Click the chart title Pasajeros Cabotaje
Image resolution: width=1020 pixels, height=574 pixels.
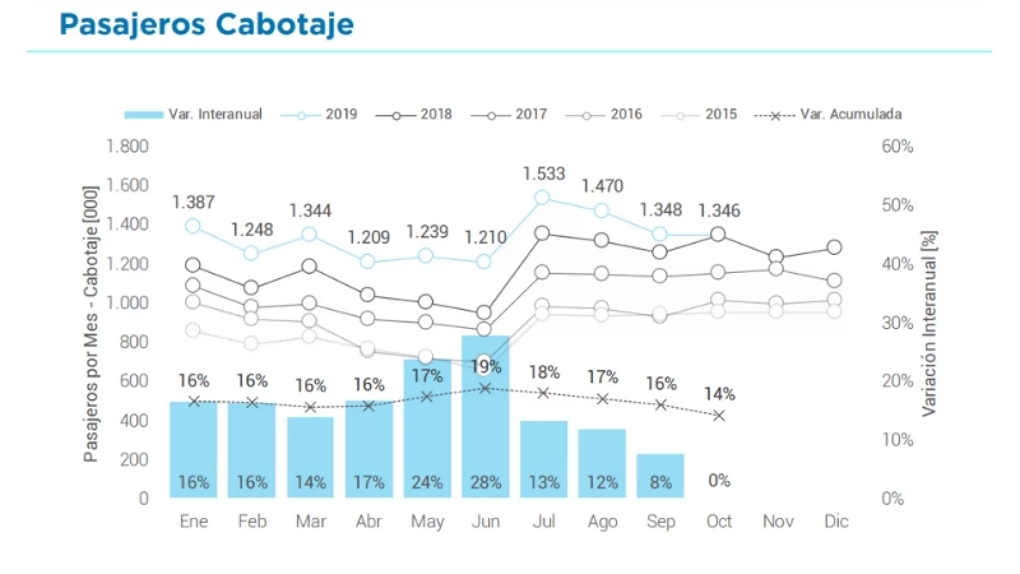tap(206, 24)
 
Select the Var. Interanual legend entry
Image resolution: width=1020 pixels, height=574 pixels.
tap(193, 115)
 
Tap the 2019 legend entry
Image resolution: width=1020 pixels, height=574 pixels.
tap(319, 115)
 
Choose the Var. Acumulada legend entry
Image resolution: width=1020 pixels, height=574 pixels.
tap(828, 115)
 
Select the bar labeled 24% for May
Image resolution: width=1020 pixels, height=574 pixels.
tap(427, 427)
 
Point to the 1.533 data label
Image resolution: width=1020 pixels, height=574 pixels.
tap(544, 173)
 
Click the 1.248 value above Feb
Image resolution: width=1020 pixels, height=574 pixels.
tap(252, 230)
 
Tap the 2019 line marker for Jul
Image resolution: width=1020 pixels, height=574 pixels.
tap(542, 198)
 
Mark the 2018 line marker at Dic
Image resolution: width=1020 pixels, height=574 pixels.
tap(834, 247)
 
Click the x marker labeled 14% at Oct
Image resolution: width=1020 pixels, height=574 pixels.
tap(719, 416)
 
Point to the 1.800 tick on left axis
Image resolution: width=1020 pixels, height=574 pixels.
tap(127, 147)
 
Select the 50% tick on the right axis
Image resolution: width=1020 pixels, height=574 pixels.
tap(897, 205)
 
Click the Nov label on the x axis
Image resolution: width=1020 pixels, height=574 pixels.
tap(778, 522)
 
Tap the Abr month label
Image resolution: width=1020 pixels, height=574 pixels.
tap(368, 522)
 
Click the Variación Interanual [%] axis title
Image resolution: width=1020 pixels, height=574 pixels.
tap(929, 324)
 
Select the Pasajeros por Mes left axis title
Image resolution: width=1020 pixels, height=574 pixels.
tap(91, 324)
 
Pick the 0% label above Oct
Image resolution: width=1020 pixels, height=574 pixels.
tap(719, 481)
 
